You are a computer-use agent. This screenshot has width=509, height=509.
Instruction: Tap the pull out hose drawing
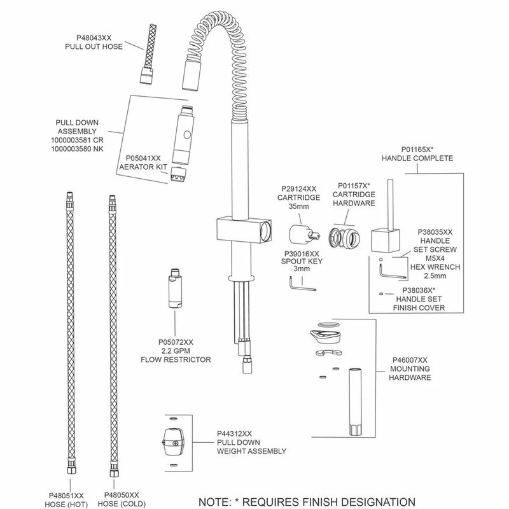[x=148, y=53]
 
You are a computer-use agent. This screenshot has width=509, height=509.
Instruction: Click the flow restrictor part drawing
[x=174, y=288]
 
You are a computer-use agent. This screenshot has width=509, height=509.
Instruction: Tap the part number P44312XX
[x=234, y=433]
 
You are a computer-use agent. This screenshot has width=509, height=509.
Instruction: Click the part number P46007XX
[x=410, y=360]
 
